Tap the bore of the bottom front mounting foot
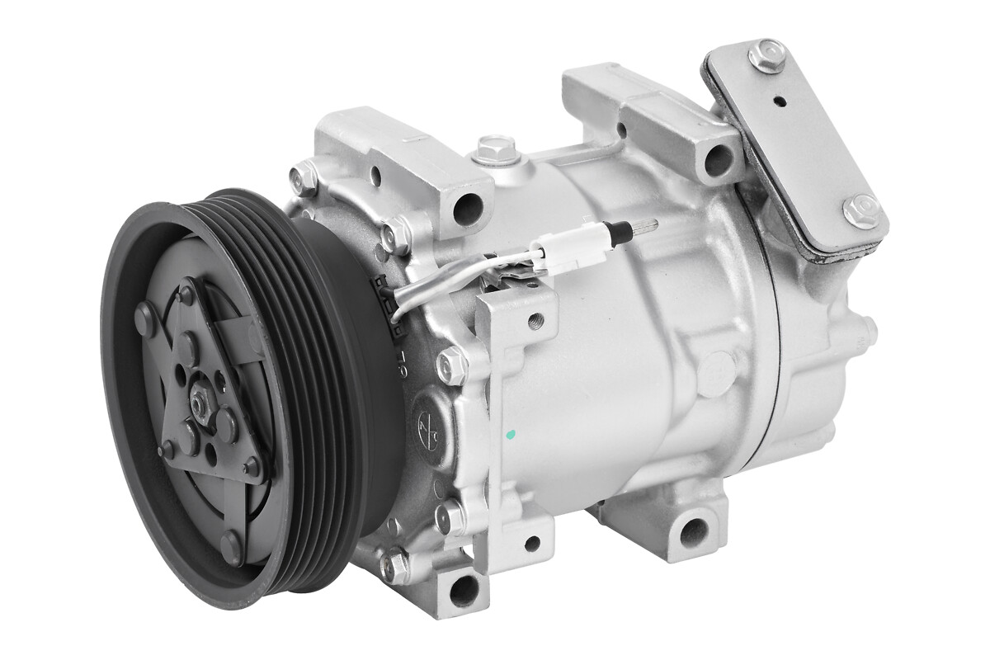click(464, 591)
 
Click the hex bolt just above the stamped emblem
click(451, 365)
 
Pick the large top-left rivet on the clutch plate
click(145, 317)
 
